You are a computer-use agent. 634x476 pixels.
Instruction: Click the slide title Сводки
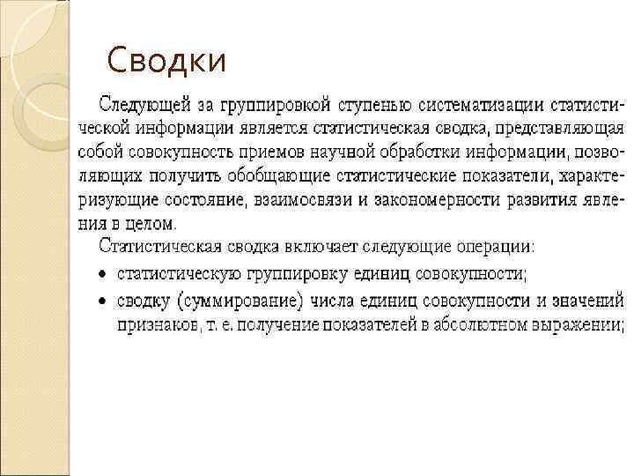(x=166, y=61)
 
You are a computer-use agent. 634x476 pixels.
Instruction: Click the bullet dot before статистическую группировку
(x=102, y=275)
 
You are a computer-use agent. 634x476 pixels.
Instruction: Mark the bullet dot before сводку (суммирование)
(x=102, y=301)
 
